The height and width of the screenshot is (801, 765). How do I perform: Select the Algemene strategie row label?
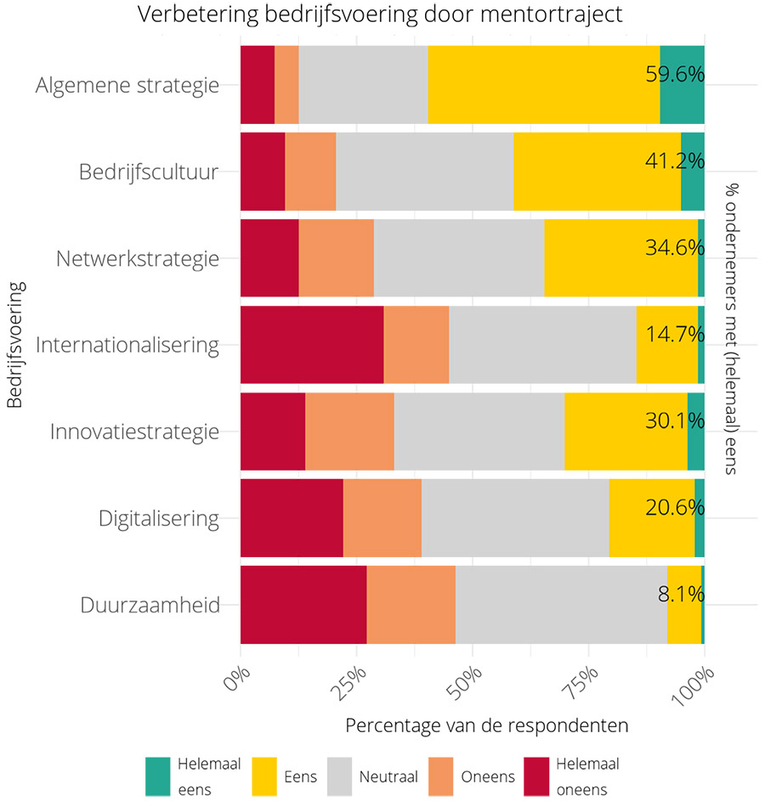click(127, 86)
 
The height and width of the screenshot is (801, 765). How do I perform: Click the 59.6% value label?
click(675, 74)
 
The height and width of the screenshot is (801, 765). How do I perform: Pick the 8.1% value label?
click(681, 594)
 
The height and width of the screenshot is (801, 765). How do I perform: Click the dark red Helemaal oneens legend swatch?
click(535, 776)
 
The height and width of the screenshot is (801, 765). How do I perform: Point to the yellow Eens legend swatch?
click(266, 776)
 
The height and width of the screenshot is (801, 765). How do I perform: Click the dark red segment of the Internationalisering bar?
click(312, 345)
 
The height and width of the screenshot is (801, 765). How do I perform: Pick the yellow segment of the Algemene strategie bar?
click(543, 85)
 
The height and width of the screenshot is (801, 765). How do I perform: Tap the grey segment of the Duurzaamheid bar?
click(561, 605)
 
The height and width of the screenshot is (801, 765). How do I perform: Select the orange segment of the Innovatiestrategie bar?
click(349, 432)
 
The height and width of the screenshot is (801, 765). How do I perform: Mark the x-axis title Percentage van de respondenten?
click(487, 727)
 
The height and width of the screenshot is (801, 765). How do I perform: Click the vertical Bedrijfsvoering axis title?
click(15, 345)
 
